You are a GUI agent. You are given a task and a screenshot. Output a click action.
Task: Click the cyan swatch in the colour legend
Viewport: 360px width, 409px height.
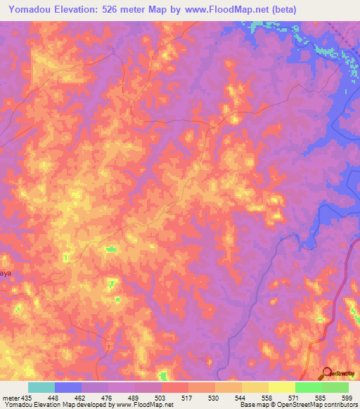tap(41, 387)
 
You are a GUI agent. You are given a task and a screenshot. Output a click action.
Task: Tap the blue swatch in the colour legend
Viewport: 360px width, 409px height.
tap(67, 387)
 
